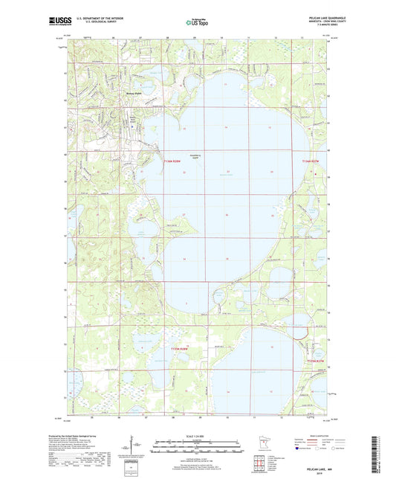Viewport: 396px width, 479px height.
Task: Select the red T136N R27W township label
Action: click(310, 161)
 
